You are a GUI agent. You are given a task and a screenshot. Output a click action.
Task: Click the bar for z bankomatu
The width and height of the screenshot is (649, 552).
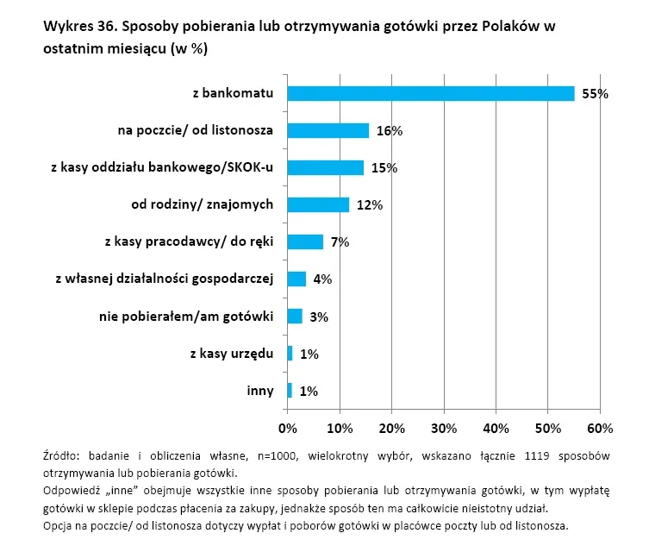point(431,94)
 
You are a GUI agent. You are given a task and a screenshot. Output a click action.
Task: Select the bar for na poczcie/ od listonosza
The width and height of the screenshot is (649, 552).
point(328,130)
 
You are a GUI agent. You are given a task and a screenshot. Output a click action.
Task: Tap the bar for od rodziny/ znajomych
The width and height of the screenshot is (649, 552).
point(318,204)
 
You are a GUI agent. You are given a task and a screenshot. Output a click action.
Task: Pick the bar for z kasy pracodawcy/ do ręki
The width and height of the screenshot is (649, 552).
point(305,241)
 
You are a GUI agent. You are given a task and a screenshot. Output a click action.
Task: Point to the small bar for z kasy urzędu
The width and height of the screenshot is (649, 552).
point(290,354)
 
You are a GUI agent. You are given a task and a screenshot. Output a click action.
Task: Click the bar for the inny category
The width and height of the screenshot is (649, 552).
point(290,391)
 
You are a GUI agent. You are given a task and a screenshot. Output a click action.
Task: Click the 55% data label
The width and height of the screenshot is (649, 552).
point(596,94)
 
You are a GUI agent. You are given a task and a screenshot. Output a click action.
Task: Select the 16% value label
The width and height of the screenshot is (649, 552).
point(390,131)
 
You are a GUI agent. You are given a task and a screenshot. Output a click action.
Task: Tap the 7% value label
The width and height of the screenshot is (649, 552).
point(340,241)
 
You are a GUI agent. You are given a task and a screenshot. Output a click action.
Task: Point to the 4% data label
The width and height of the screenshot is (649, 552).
point(322,279)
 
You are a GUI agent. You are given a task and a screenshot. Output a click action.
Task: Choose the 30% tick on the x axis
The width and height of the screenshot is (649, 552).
point(444,428)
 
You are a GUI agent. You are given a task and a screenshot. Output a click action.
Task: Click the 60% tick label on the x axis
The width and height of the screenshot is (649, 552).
point(600,428)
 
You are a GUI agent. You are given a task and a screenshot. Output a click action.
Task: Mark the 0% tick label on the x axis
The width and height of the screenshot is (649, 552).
point(288,428)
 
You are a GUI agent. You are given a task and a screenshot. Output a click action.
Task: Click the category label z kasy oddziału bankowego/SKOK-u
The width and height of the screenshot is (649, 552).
point(162,167)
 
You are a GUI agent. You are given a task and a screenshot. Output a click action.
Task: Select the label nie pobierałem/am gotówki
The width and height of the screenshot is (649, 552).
point(186,317)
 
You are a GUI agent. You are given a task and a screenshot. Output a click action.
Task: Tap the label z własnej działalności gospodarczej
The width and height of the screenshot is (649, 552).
point(165,279)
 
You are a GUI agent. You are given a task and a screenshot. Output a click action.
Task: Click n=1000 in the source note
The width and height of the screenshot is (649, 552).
point(277,456)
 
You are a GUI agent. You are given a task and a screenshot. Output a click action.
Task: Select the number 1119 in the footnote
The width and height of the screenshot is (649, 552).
point(537,456)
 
